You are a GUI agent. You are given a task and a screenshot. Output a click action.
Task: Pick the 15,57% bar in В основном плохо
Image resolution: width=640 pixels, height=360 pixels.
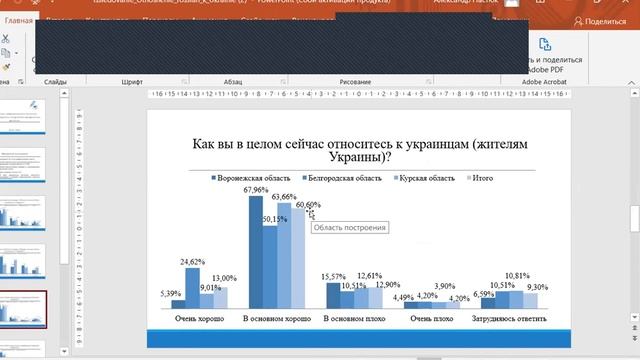point(333,295)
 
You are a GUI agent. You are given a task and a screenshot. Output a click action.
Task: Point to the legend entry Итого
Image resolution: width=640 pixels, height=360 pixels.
point(479,178)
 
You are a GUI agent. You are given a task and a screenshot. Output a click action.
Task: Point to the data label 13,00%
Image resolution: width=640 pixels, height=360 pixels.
point(225,278)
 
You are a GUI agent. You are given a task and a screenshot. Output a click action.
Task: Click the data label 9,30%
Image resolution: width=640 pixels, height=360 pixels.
point(537,287)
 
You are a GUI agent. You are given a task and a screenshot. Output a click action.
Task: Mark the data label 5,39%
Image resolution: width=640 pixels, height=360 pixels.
point(170,293)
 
